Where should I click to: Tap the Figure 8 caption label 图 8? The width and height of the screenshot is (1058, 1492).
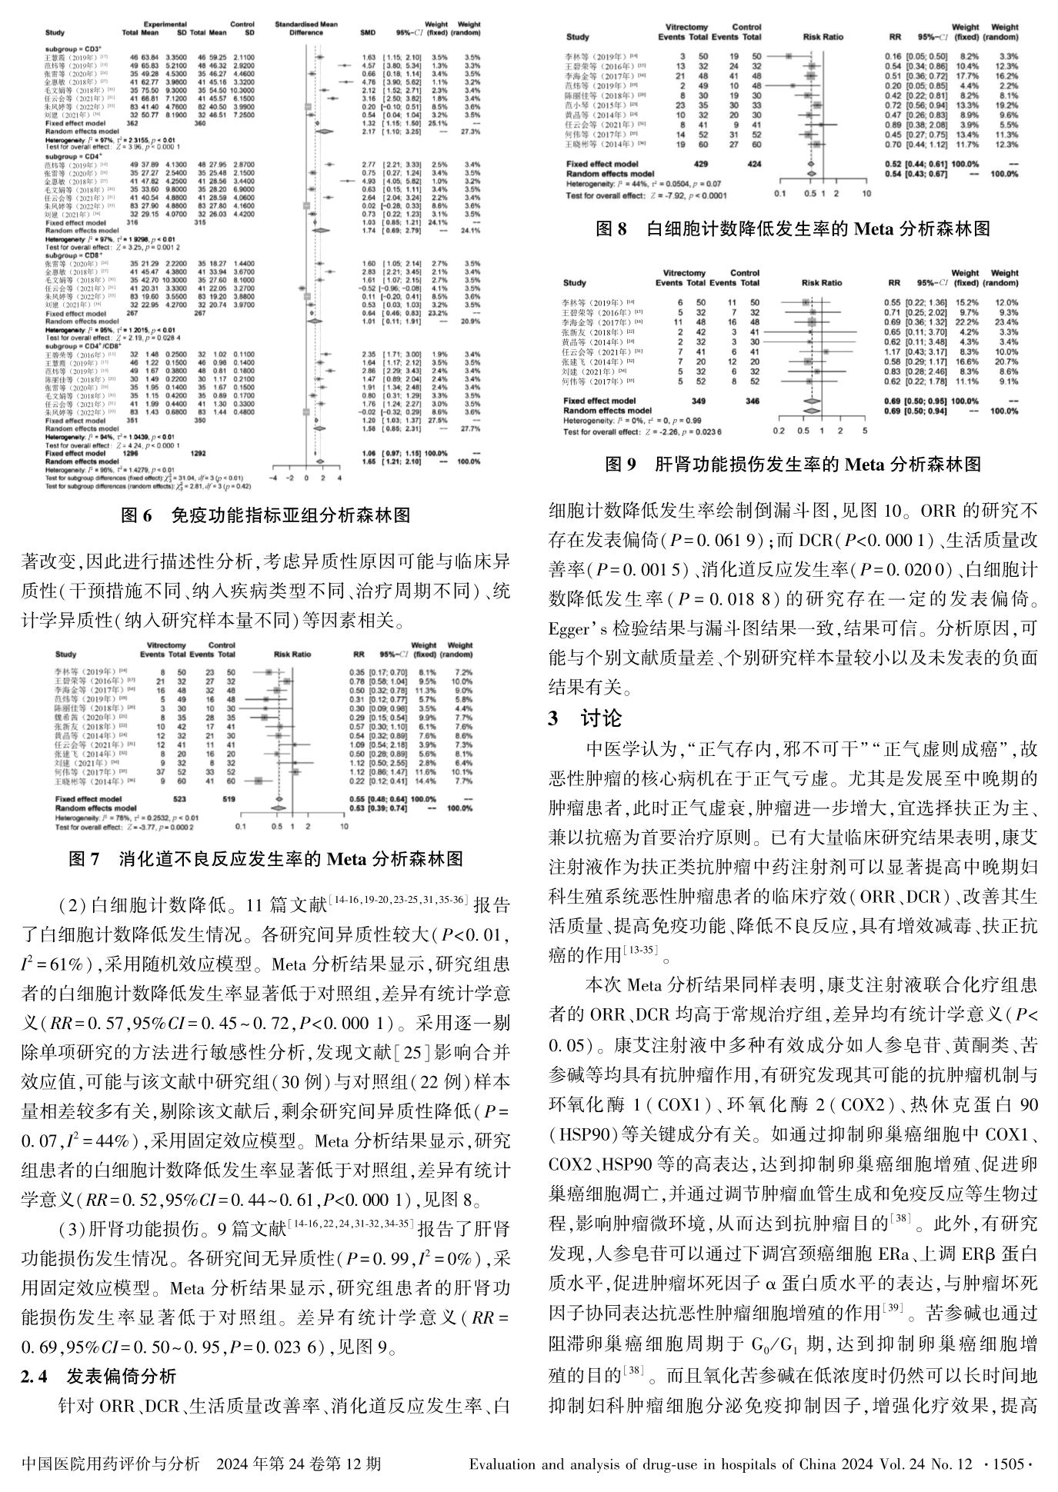click(612, 228)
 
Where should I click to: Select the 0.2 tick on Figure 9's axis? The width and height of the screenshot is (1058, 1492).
click(779, 431)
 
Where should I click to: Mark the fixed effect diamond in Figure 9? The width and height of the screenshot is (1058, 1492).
click(810, 401)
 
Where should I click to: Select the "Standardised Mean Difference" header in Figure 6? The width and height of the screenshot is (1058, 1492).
click(312, 29)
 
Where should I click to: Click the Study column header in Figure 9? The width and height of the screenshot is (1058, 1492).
click(574, 282)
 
